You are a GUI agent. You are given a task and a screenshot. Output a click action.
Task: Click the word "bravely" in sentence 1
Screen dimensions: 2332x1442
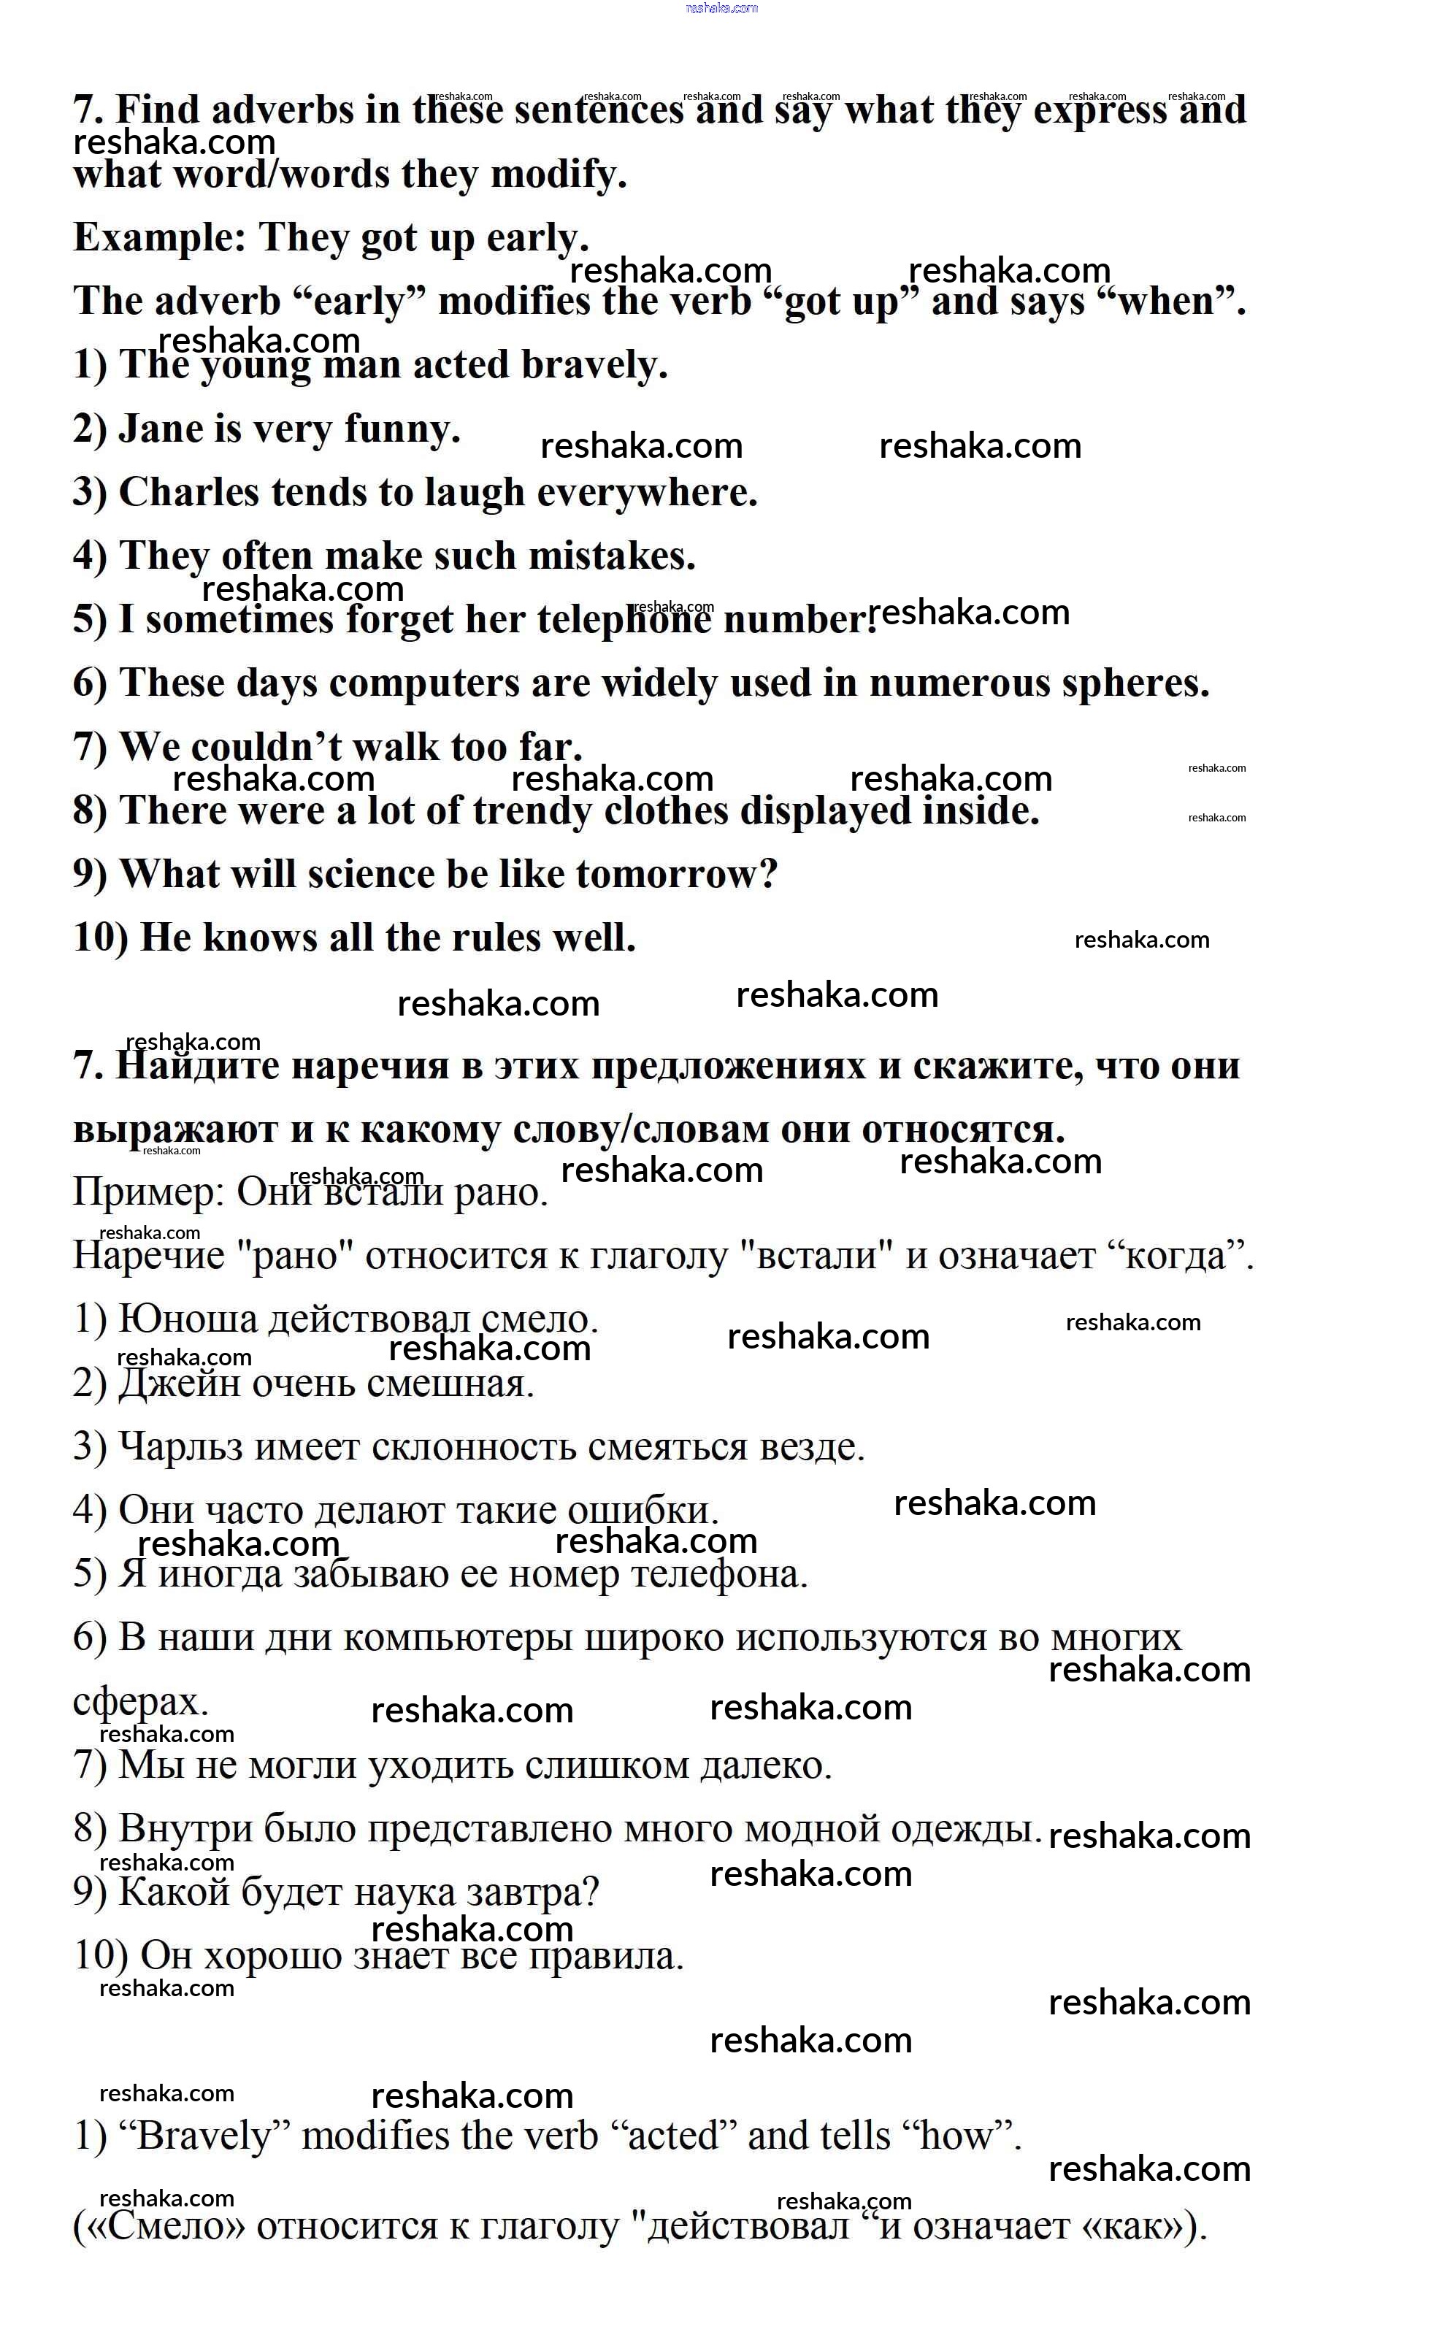593,365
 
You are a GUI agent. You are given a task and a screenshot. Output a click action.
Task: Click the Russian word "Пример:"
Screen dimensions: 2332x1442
147,1193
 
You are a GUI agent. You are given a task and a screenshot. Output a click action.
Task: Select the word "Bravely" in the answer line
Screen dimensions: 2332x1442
205,2136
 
